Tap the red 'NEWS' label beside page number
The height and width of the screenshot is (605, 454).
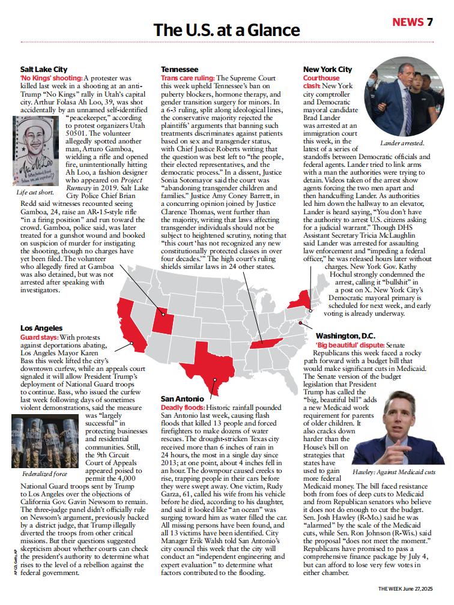pos(408,22)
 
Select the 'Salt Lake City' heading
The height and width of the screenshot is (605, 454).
pos(44,70)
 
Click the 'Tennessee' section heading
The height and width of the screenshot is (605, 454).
pos(180,70)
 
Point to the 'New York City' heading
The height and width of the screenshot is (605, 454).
pos(327,70)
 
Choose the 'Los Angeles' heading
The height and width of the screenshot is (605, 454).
pos(41,328)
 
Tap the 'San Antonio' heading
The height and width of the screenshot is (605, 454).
pos(182,399)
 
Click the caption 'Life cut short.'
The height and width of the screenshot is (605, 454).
pos(35,193)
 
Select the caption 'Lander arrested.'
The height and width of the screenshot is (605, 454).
pos(402,143)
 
